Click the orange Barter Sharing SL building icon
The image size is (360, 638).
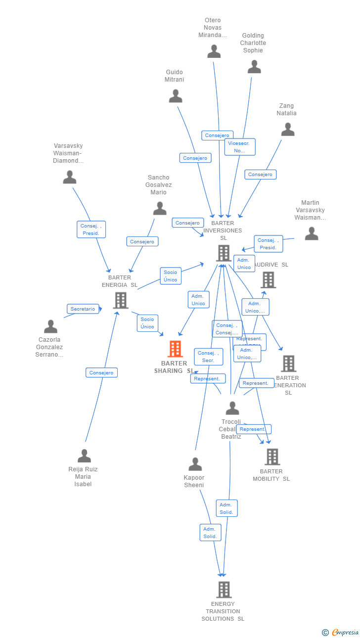[x=175, y=349]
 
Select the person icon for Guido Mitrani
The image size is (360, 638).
[x=176, y=96]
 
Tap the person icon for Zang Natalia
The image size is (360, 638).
[x=288, y=130]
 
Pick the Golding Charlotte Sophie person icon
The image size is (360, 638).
[x=254, y=67]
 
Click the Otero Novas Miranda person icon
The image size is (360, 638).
[x=214, y=51]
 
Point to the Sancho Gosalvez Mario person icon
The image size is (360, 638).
[x=160, y=209]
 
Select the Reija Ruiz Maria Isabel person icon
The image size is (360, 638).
[x=85, y=456]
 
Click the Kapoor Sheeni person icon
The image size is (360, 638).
[x=195, y=464]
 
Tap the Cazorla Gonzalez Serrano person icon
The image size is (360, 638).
[x=50, y=326]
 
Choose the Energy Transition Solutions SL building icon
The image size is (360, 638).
[x=224, y=590]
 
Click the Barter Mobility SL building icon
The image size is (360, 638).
[x=272, y=456]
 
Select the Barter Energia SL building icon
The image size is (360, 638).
[x=121, y=300]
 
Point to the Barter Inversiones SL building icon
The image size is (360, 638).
[x=224, y=253]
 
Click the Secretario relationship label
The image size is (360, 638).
[x=83, y=309]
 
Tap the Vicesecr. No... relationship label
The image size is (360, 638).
[x=240, y=147]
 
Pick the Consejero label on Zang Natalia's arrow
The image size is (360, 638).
[x=260, y=174]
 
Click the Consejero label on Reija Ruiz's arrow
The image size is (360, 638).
[x=101, y=372]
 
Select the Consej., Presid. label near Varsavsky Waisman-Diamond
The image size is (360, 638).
[x=91, y=229]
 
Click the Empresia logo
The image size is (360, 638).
[x=341, y=632]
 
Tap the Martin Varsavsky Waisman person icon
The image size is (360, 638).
[x=312, y=233]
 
